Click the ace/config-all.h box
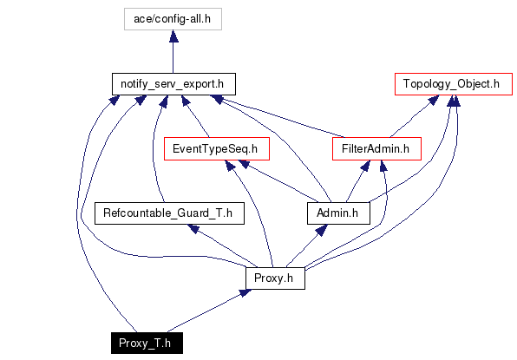coord(173,19)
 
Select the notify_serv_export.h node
coord(173,84)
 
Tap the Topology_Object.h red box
coord(454,84)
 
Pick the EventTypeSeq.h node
coord(217,148)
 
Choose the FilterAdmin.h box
coord(376,148)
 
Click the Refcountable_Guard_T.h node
coord(169,213)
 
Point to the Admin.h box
coord(338,213)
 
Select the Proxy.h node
coord(275,278)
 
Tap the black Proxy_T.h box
coord(147,344)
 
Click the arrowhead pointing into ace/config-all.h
coord(173,36)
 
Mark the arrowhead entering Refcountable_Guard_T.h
coord(193,228)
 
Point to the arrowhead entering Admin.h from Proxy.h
coord(322,230)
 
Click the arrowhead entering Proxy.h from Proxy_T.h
coord(245,292)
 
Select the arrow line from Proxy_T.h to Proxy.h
coord(209,311)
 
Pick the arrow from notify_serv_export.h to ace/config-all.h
coord(173,52)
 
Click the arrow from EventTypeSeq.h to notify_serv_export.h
coord(195,116)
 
